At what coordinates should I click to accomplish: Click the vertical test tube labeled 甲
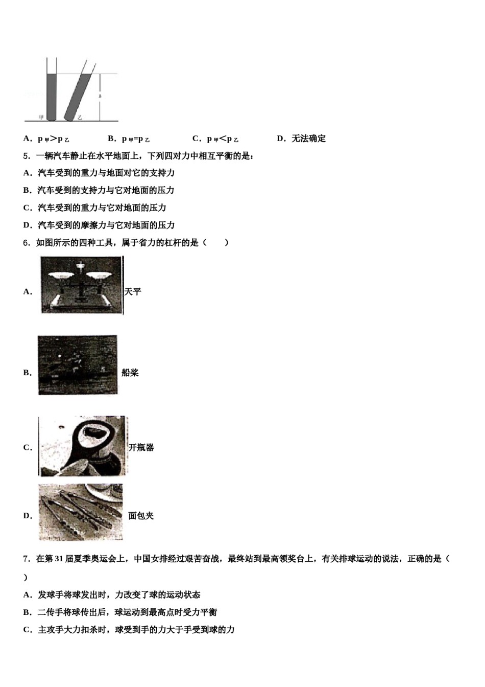(x=51, y=95)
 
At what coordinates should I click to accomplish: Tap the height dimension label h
(x=100, y=96)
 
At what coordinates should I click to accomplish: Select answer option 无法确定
(x=308, y=139)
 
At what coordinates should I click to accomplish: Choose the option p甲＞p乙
(x=53, y=139)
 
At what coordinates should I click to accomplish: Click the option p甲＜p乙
(x=222, y=139)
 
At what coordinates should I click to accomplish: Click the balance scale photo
(x=82, y=285)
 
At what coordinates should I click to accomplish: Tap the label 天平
(x=133, y=291)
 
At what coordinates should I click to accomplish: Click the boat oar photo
(x=78, y=365)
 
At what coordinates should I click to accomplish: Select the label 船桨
(x=130, y=373)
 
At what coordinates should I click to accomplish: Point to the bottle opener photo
(x=82, y=446)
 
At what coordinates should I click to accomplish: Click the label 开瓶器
(x=141, y=447)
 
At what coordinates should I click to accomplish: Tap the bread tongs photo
(x=81, y=512)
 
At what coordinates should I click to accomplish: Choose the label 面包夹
(x=141, y=516)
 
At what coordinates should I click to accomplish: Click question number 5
(x=26, y=156)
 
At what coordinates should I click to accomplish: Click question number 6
(x=26, y=243)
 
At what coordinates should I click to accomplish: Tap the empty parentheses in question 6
(x=215, y=243)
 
